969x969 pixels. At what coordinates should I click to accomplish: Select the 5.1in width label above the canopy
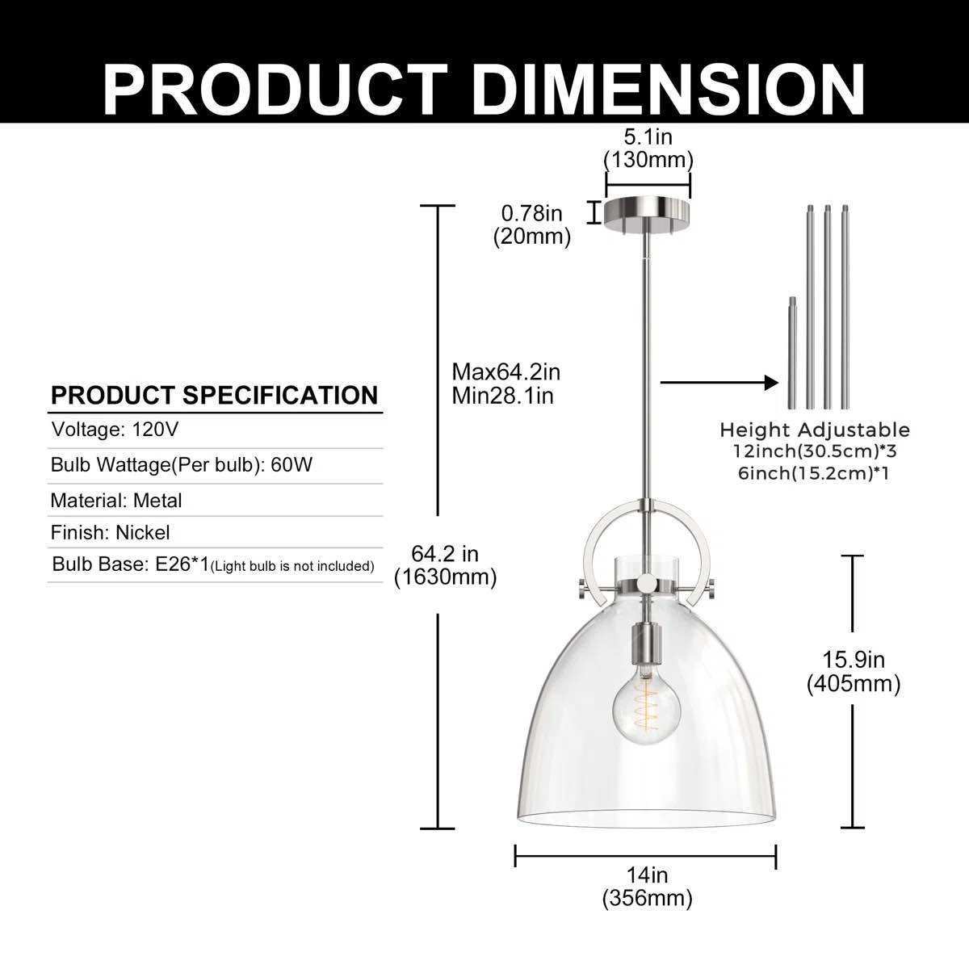coord(648,137)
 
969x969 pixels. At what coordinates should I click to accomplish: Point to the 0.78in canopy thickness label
coord(531,214)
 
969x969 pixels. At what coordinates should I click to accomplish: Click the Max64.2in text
coord(505,372)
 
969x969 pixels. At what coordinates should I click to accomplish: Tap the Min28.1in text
coord(502,396)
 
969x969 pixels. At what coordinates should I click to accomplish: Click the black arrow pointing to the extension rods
coord(719,383)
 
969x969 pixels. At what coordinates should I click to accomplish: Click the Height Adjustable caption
coord(815,430)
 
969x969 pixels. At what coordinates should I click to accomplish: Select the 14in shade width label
coord(647,875)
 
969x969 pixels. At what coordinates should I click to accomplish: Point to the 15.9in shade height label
coord(854,660)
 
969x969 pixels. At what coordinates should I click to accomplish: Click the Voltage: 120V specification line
coord(115,430)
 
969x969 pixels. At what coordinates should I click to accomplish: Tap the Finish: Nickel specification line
coord(110,532)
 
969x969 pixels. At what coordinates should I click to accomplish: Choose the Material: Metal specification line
coord(116,501)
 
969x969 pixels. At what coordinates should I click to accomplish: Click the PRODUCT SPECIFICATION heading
coord(215,395)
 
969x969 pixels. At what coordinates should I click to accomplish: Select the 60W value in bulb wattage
coord(292,464)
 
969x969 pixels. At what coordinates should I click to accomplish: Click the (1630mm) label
coord(446,577)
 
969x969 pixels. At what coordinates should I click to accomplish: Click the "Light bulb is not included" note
coord(292,566)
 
